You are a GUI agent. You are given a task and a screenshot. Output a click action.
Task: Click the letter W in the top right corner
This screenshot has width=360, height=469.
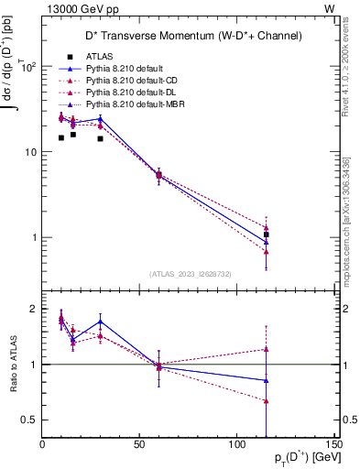(329, 8)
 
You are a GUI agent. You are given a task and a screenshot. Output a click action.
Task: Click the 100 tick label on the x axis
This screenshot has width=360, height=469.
(236, 445)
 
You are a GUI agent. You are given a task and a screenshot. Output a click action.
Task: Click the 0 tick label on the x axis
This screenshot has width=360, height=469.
(42, 445)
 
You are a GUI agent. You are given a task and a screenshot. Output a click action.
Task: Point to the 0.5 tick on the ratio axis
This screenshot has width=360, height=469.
(31, 420)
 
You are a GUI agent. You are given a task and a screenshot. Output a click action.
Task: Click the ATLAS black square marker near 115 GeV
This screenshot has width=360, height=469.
(266, 234)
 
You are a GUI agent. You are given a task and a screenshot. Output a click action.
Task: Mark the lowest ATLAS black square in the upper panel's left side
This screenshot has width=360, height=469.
(61, 138)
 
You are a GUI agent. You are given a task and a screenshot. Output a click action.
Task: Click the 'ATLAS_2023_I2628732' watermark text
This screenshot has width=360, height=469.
(189, 274)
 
